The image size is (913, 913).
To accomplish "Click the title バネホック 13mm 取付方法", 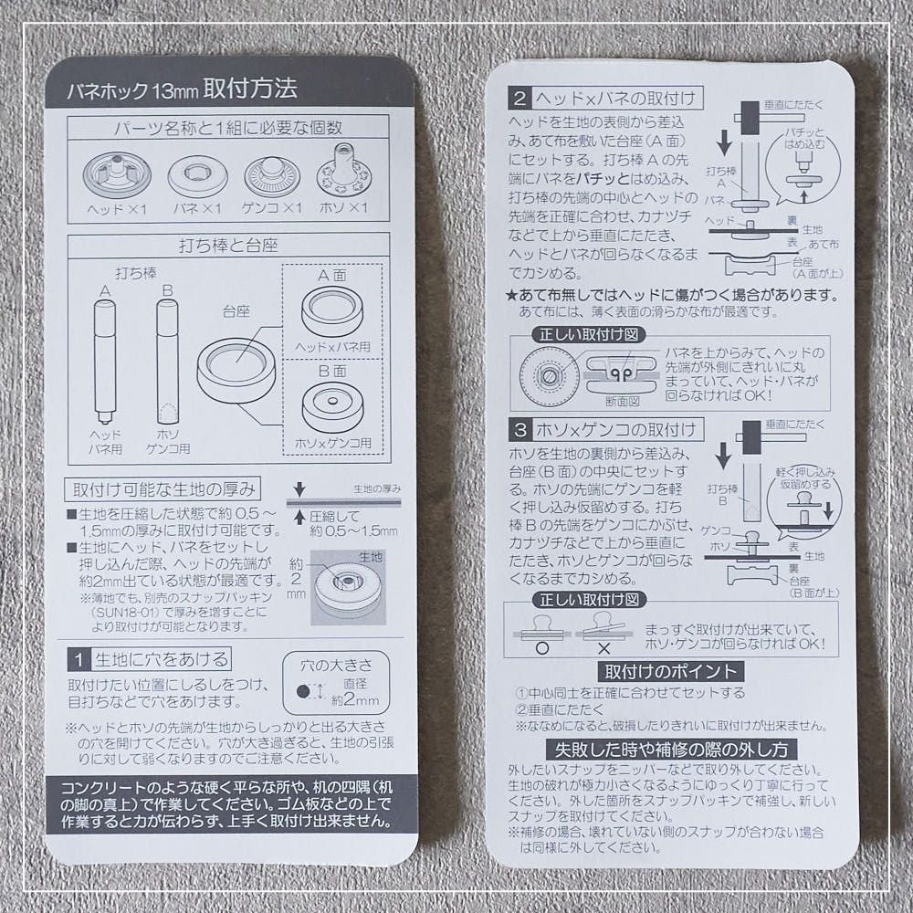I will [x=182, y=90].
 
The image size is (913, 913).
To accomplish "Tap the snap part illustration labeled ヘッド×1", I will [x=116, y=173].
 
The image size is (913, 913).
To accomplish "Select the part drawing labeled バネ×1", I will [x=198, y=173].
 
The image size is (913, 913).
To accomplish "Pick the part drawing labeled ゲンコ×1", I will [x=273, y=173].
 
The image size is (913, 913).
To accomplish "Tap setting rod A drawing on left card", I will [x=103, y=361].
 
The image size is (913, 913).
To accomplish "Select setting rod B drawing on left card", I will [x=165, y=361].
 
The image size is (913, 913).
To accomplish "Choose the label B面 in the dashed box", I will [x=331, y=373].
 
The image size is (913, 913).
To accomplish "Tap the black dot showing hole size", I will [x=302, y=693].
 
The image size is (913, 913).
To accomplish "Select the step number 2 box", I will [x=519, y=98].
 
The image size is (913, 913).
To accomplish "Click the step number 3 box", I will [x=519, y=429].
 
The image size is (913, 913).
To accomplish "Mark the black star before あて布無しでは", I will [x=511, y=296].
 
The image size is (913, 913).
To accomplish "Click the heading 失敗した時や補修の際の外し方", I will [x=670, y=749].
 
